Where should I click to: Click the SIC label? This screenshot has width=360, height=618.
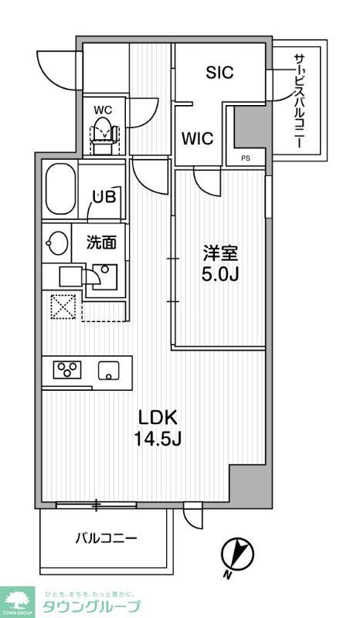(220, 73)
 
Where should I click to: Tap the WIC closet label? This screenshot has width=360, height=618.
(198, 139)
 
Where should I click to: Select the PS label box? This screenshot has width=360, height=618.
(246, 158)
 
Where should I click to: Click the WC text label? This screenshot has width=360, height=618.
(103, 110)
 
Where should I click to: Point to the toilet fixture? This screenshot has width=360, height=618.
(104, 134)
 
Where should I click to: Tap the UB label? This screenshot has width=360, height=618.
(104, 196)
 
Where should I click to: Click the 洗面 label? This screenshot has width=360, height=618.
(101, 243)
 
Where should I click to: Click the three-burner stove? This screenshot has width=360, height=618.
(66, 370)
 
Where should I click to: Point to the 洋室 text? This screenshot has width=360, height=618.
(216, 252)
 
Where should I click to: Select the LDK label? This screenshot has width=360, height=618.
(158, 418)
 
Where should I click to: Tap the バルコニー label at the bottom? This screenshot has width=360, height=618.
(106, 538)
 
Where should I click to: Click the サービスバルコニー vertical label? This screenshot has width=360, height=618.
(298, 100)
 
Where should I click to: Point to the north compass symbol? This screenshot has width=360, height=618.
(237, 554)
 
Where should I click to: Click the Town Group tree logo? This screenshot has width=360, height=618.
(18, 599)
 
